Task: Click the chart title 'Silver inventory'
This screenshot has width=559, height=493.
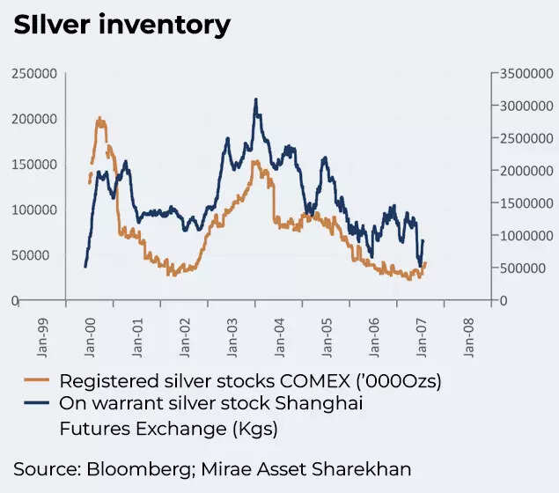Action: tap(121, 25)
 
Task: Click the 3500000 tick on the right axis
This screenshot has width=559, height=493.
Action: tap(526, 73)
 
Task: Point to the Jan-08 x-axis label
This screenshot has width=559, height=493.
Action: tap(469, 335)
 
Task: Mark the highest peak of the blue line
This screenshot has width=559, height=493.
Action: tap(255, 99)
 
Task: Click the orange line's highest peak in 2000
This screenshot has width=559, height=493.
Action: tap(99, 118)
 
